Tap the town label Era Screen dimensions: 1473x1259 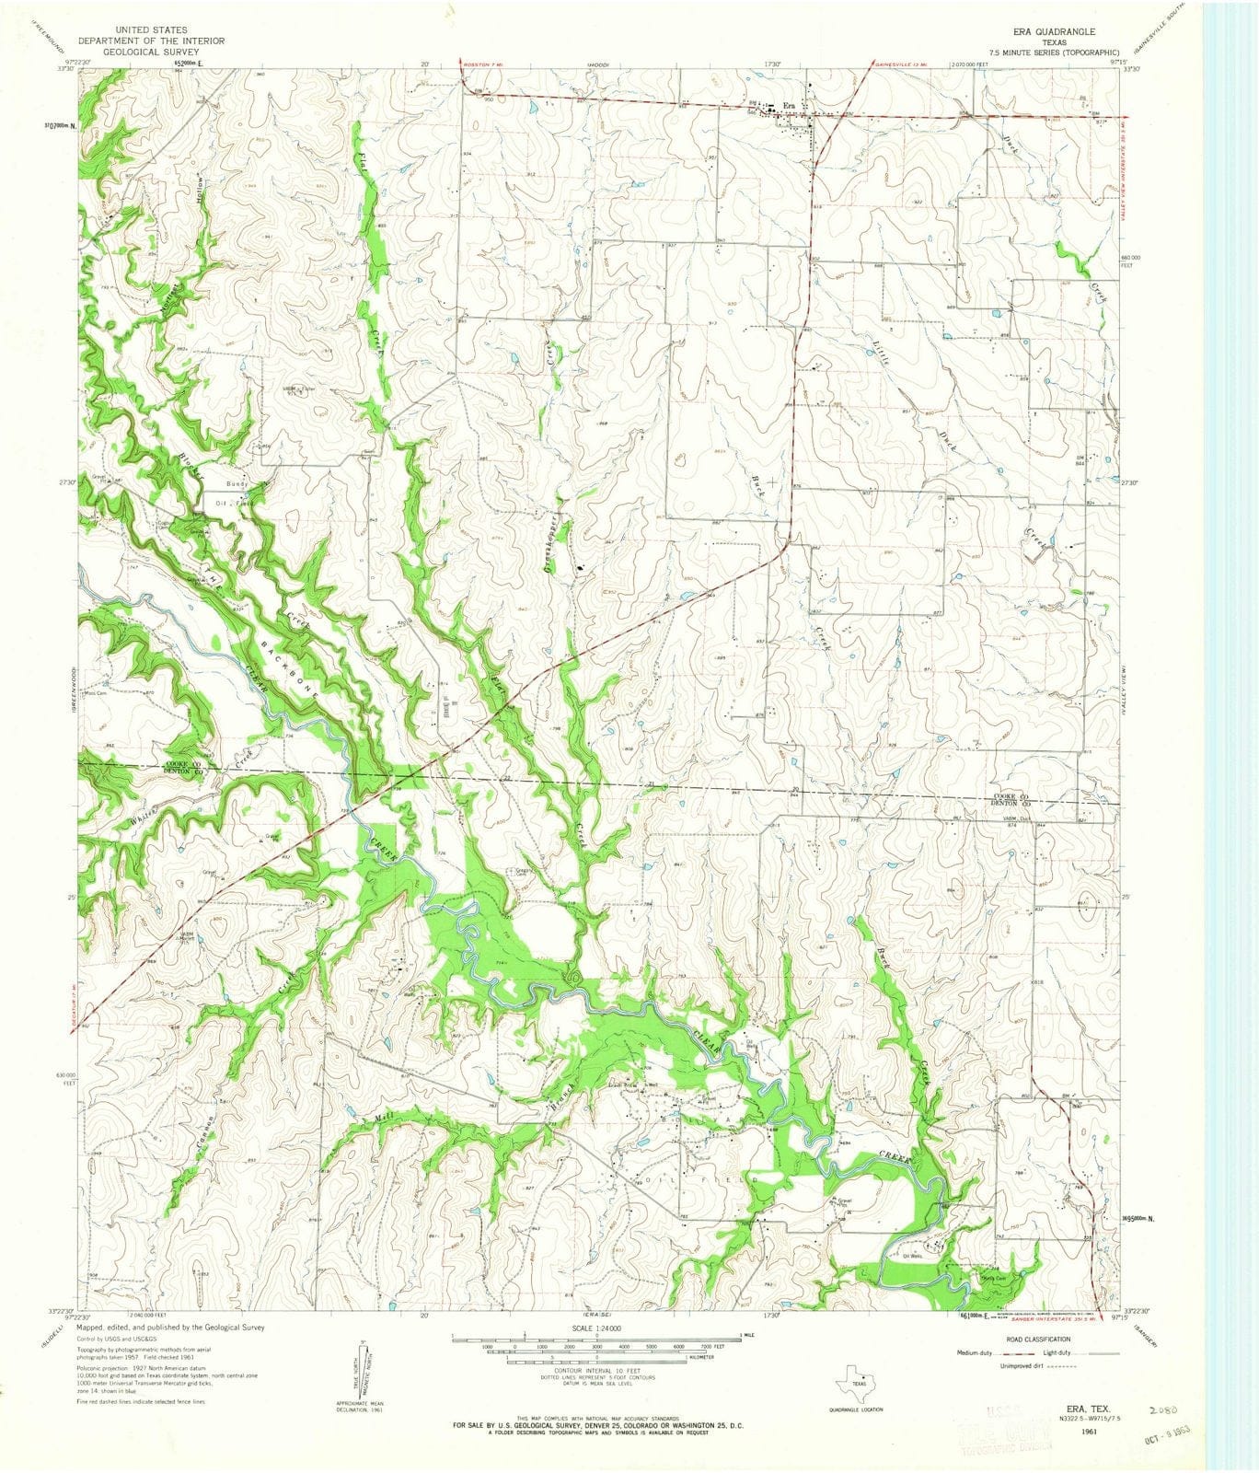coord(788,105)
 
